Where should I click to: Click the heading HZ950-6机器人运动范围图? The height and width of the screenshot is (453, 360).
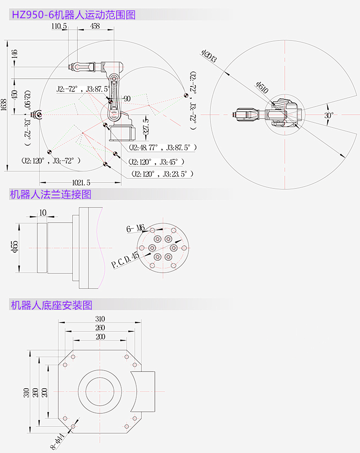click(x=74, y=15)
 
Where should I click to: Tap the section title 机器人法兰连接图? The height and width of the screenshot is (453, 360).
click(x=51, y=194)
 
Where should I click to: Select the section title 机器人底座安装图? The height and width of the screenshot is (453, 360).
click(x=52, y=305)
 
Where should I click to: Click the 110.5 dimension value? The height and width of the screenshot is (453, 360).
click(x=59, y=26)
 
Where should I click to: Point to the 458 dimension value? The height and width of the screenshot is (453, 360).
click(x=95, y=26)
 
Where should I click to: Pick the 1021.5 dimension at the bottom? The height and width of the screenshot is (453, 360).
click(x=81, y=182)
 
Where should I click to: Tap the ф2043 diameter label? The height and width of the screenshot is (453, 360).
click(x=209, y=56)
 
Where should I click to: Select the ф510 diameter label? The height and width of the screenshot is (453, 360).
click(x=262, y=87)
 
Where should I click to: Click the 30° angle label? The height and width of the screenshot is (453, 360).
click(x=329, y=115)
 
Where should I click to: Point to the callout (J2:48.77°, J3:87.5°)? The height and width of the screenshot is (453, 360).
click(x=162, y=147)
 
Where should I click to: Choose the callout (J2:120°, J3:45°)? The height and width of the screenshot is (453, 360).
click(x=156, y=162)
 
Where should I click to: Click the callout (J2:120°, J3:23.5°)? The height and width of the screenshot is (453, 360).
click(x=162, y=174)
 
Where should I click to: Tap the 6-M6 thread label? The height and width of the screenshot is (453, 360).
click(x=135, y=228)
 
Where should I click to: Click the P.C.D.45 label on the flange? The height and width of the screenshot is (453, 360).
click(x=125, y=260)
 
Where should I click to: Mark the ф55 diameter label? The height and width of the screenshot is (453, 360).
click(x=15, y=246)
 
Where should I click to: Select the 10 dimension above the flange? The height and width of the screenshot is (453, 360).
click(x=43, y=213)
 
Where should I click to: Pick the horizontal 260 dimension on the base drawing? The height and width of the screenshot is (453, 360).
click(x=100, y=328)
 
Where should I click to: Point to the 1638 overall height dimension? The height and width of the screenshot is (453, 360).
click(x=4, y=105)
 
